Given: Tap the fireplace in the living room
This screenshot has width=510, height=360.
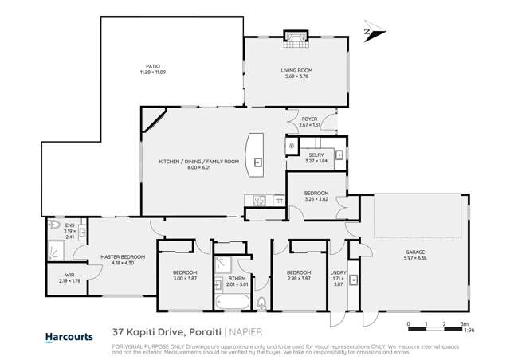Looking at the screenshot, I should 295,38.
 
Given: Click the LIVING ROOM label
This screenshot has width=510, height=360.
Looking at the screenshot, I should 296,71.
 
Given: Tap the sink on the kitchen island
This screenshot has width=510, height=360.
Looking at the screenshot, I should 257,162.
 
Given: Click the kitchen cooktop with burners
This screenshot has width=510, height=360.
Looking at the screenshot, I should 258,200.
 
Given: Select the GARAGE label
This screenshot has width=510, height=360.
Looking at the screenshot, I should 414,252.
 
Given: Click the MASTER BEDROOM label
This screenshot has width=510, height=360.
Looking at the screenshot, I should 122,256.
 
